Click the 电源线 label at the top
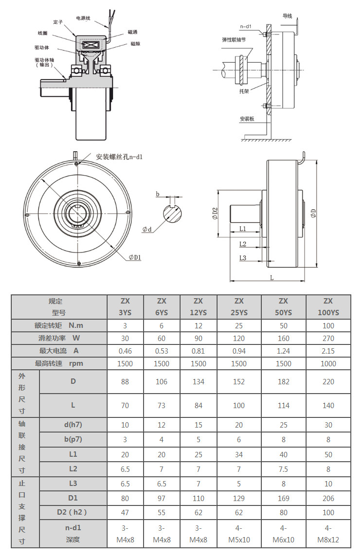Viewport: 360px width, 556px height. (83, 18)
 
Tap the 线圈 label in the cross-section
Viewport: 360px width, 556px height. (42, 33)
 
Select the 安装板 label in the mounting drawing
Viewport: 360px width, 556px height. (247, 119)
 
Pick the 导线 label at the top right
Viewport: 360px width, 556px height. (288, 16)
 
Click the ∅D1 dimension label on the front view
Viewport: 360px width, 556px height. (135, 257)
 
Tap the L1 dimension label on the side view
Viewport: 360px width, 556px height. (243, 228)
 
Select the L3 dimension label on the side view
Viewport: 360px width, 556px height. (243, 258)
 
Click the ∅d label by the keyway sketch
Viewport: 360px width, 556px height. (147, 229)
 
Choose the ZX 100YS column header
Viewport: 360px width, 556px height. (328, 306)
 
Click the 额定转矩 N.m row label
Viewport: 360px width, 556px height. (59, 325)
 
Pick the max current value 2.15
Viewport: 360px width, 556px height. (328, 351)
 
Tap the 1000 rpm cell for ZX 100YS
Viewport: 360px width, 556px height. (328, 363)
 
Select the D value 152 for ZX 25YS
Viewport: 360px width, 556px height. (239, 382)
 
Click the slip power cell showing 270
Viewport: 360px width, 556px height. (328, 338)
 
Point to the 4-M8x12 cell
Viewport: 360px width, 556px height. (328, 534)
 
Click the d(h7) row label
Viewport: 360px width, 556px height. (73, 424)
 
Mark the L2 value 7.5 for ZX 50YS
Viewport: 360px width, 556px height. (283, 469)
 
